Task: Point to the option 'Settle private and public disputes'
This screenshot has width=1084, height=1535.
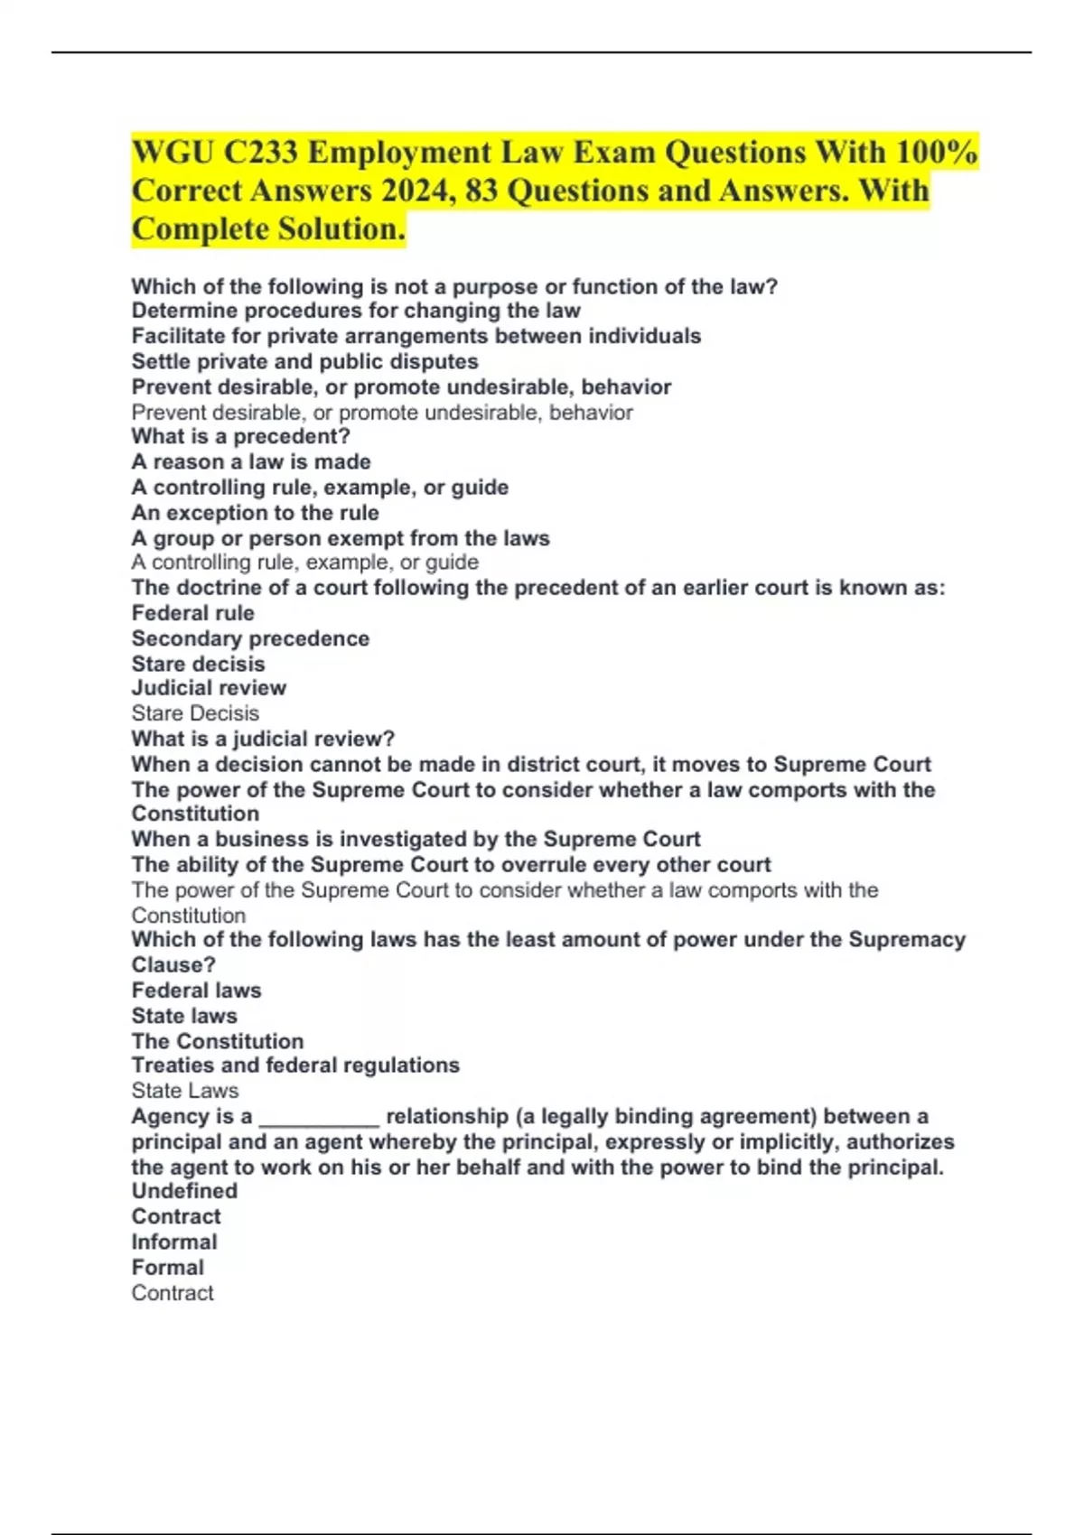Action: [304, 362]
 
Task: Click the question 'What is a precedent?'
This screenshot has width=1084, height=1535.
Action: [240, 437]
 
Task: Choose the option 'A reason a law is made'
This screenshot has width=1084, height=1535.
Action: [251, 462]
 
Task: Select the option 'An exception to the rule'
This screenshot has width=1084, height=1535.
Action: [255, 513]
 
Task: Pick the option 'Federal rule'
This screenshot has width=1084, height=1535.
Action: [192, 613]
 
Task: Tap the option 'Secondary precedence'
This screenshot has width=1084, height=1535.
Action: [250, 638]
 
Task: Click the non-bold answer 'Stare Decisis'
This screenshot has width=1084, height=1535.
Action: [195, 713]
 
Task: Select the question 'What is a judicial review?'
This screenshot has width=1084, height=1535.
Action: [263, 739]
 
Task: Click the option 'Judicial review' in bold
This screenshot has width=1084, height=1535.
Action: [209, 688]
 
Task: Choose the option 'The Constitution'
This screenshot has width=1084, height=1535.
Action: [217, 1041]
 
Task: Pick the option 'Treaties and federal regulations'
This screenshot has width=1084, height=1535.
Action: [295, 1065]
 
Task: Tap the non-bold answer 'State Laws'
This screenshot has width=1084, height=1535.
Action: [185, 1091]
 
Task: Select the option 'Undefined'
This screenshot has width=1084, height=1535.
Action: [184, 1191]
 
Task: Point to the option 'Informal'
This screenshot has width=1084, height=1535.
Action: [174, 1242]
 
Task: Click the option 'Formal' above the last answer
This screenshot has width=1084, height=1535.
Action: [168, 1268]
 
